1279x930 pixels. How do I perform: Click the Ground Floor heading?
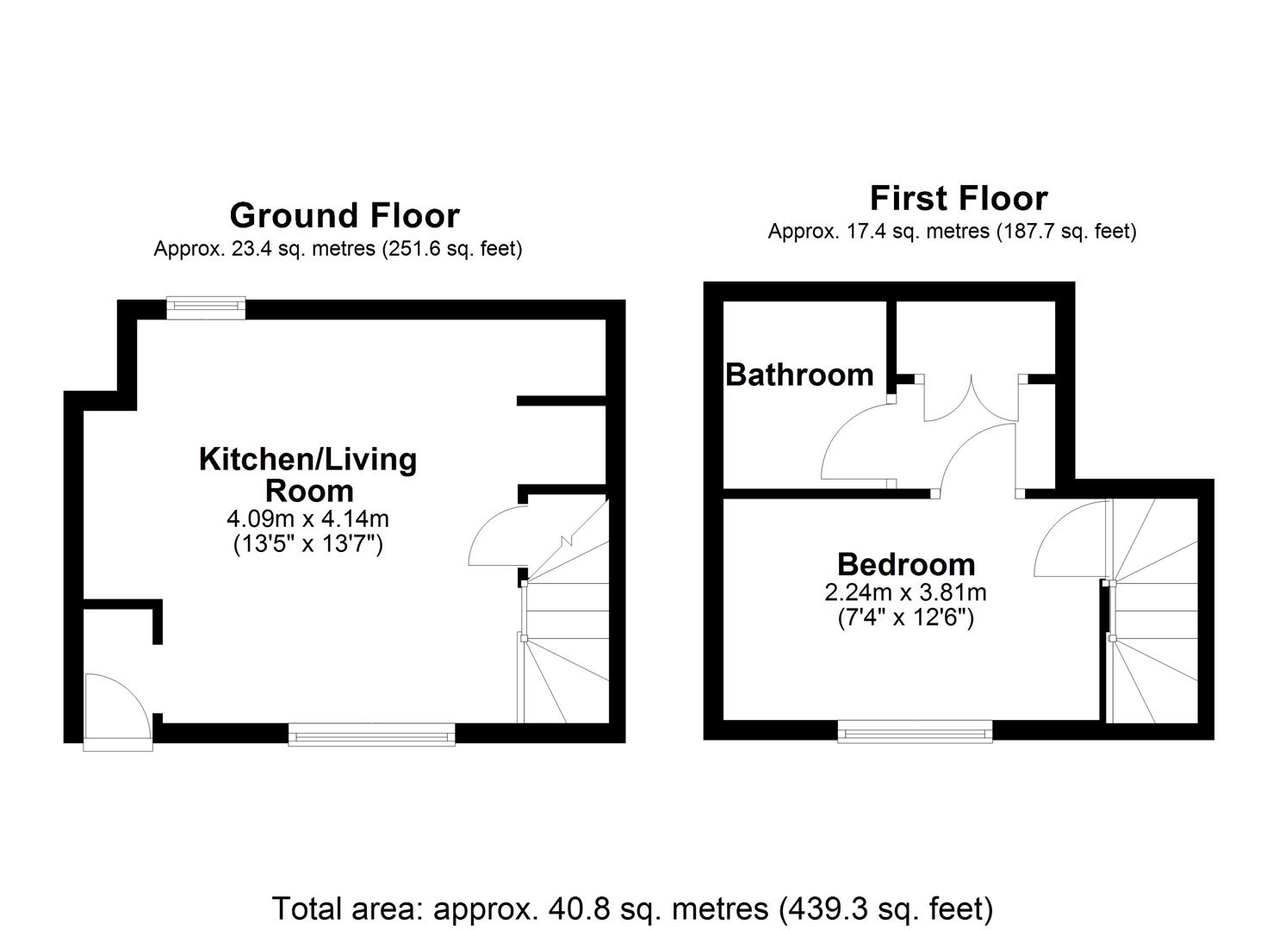345,215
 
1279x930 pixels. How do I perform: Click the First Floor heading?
958,198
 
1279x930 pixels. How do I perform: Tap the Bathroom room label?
799,375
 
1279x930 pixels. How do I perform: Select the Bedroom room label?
906,564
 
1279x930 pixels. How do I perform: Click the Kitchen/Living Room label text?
308,474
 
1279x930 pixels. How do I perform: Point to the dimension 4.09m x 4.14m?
307,519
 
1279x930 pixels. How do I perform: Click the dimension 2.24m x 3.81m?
905,592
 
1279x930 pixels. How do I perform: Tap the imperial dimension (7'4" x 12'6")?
905,617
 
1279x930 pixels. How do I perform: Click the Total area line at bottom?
632,908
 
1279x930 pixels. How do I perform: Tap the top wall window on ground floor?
206,307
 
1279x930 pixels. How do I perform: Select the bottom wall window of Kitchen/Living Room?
371,734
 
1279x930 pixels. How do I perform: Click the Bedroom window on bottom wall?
915,732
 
